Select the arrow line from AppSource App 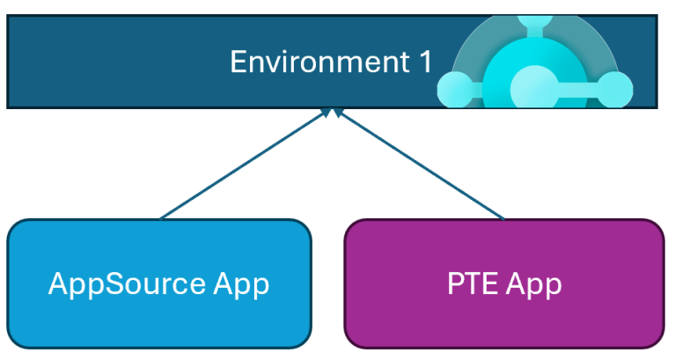pos(242,165)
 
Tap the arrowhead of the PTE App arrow pos(337,114)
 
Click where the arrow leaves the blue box pos(161,218)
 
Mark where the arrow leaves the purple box pos(504,218)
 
